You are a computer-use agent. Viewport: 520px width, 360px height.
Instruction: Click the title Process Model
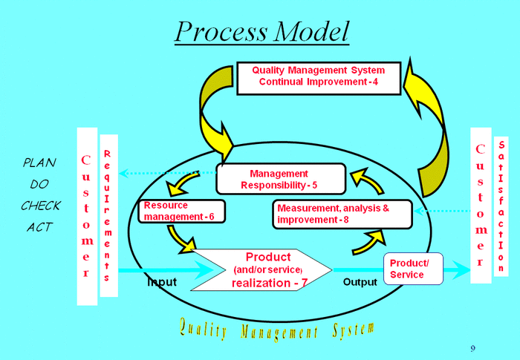(x=261, y=30)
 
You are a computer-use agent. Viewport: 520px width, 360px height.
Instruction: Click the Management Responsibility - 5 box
(x=281, y=179)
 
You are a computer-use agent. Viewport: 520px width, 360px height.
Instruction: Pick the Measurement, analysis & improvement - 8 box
(x=342, y=214)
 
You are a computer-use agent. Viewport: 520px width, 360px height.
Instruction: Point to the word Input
(x=161, y=282)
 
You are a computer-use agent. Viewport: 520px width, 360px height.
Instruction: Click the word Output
(x=360, y=282)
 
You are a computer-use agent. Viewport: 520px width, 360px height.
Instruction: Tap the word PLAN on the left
(x=39, y=162)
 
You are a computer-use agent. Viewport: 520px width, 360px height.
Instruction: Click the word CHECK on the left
(x=40, y=206)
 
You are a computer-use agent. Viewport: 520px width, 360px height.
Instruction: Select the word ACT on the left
(x=39, y=227)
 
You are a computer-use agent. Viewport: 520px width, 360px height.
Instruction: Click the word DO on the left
(x=39, y=183)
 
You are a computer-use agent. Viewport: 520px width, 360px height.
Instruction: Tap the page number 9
(x=473, y=348)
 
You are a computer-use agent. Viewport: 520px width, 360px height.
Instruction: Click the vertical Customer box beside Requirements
(x=86, y=215)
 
